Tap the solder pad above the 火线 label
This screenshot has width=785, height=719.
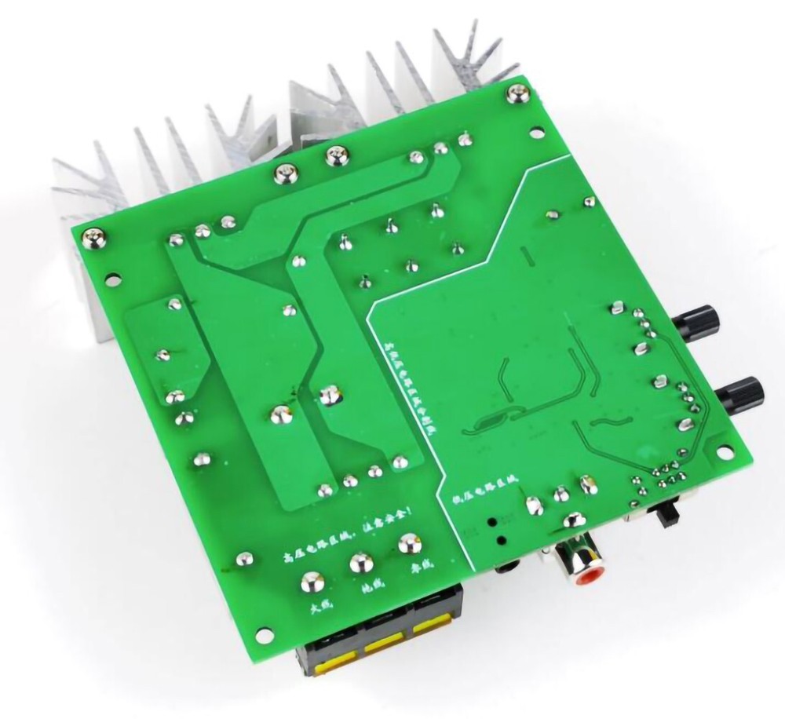[309, 582]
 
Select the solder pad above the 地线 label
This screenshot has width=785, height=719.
[360, 562]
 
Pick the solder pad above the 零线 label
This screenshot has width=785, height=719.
[407, 544]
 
